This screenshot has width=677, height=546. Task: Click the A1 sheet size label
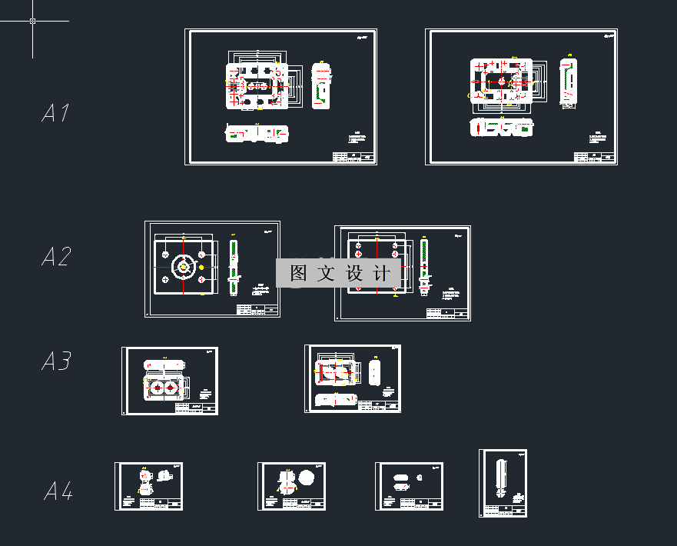coord(55,114)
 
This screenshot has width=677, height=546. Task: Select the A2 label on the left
coord(55,257)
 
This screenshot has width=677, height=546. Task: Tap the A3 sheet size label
coord(56,361)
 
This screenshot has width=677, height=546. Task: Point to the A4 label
coord(58,491)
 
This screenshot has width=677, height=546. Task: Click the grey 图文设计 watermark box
coord(339,273)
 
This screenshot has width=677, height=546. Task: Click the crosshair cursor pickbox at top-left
coord(33,21)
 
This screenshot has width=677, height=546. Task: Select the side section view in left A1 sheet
coord(322,86)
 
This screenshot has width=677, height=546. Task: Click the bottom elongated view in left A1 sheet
coord(257,134)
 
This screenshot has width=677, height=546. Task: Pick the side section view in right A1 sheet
coord(568,81)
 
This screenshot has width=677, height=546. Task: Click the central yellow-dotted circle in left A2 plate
coord(184,267)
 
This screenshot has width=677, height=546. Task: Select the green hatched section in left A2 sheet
coord(234,266)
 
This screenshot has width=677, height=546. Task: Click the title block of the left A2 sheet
coord(257,310)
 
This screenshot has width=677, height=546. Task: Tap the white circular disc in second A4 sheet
coord(308,478)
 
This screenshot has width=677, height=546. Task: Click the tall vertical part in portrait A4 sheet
coord(502,478)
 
